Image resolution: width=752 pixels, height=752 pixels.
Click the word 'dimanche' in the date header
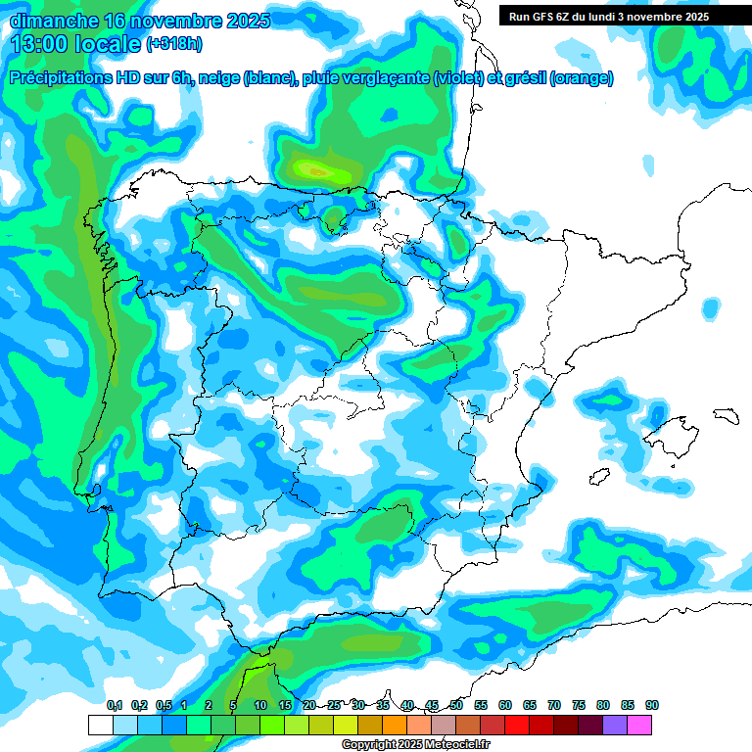[54, 21]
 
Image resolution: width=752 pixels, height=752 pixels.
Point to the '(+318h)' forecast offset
[173, 44]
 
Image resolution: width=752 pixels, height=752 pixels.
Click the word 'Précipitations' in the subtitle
[70, 78]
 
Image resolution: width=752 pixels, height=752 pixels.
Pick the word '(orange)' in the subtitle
[582, 78]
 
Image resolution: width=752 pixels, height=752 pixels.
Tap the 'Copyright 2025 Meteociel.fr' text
[416, 745]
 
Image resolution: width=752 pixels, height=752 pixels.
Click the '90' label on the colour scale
[651, 705]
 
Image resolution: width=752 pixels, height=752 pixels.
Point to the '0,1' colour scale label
[114, 705]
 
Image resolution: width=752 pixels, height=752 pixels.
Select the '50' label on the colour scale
[456, 705]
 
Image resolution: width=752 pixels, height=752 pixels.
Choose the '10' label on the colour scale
[260, 705]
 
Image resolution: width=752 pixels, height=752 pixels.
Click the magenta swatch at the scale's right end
[639, 725]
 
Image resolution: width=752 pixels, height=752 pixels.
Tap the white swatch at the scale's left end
[101, 725]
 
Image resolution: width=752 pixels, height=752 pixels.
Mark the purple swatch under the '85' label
[615, 725]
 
